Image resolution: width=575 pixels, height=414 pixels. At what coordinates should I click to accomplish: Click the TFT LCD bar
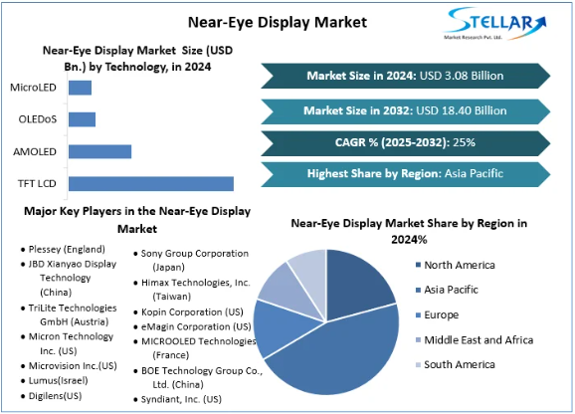click(150, 183)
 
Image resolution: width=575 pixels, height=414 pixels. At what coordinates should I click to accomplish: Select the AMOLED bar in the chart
click(99, 151)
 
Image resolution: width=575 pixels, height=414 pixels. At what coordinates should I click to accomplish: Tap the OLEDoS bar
click(82, 119)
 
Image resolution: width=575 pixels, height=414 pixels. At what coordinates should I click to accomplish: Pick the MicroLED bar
click(80, 88)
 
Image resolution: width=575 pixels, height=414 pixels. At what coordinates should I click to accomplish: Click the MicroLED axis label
click(34, 88)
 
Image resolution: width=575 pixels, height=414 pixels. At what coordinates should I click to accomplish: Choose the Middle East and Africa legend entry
click(478, 339)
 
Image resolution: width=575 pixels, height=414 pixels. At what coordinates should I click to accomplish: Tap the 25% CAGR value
click(464, 141)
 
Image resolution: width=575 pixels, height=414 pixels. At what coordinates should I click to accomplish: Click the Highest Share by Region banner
click(406, 174)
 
